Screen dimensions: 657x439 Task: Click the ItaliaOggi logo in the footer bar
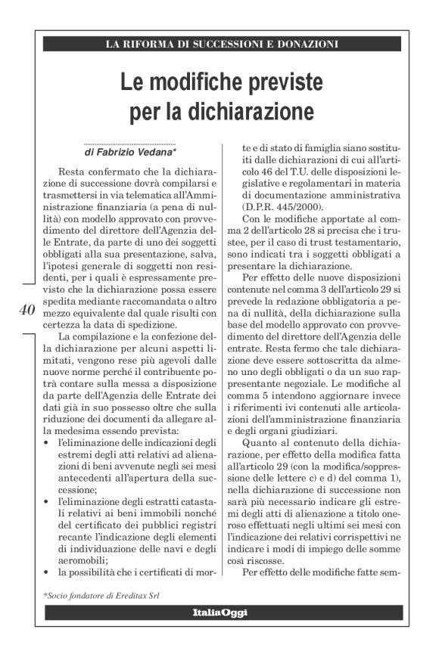point(219,612)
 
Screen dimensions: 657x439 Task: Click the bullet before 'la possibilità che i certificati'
point(47,572)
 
